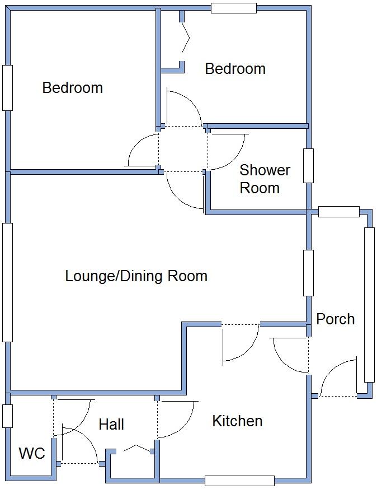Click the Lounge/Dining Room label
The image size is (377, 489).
(x=136, y=276)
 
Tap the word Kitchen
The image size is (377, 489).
(x=237, y=421)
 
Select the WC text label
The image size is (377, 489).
(x=32, y=453)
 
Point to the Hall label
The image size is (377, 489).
(x=111, y=425)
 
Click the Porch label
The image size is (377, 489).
(x=335, y=319)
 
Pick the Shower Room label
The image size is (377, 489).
(x=265, y=179)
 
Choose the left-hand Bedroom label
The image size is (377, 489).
(x=72, y=88)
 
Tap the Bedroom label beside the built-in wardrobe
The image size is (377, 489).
(x=235, y=69)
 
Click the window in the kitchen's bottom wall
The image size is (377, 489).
(x=239, y=481)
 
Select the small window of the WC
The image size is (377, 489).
(x=7, y=416)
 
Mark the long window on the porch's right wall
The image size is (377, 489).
(x=369, y=305)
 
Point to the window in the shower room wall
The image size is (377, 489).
(x=308, y=166)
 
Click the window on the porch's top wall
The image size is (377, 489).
(x=338, y=212)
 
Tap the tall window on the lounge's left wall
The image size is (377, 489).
(x=7, y=282)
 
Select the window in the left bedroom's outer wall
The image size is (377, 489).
(x=7, y=88)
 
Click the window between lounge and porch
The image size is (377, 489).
(x=308, y=273)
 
